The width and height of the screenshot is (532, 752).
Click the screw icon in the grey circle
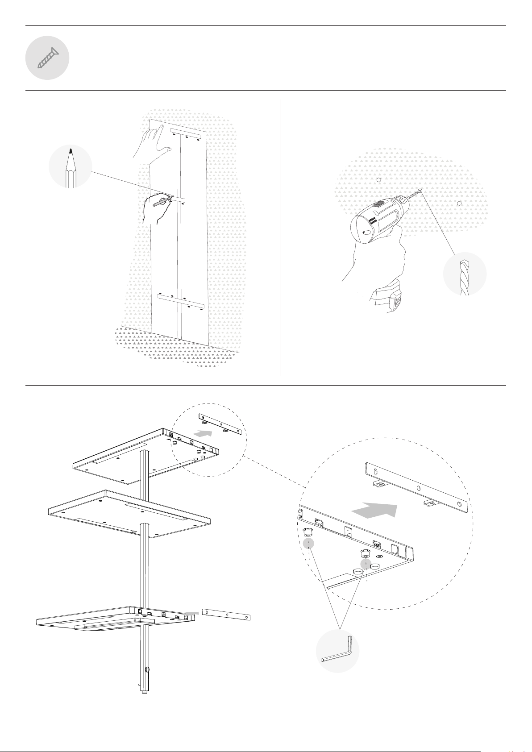(47, 58)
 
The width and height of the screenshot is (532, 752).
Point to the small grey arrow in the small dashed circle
(204, 432)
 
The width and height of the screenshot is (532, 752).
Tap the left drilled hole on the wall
(378, 180)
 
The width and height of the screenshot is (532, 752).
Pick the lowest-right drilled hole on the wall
(459, 204)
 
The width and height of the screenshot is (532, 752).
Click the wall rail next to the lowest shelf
(226, 614)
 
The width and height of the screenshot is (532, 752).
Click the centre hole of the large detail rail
(418, 489)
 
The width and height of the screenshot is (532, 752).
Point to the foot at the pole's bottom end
(144, 692)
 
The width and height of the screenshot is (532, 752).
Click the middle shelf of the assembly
(129, 513)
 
